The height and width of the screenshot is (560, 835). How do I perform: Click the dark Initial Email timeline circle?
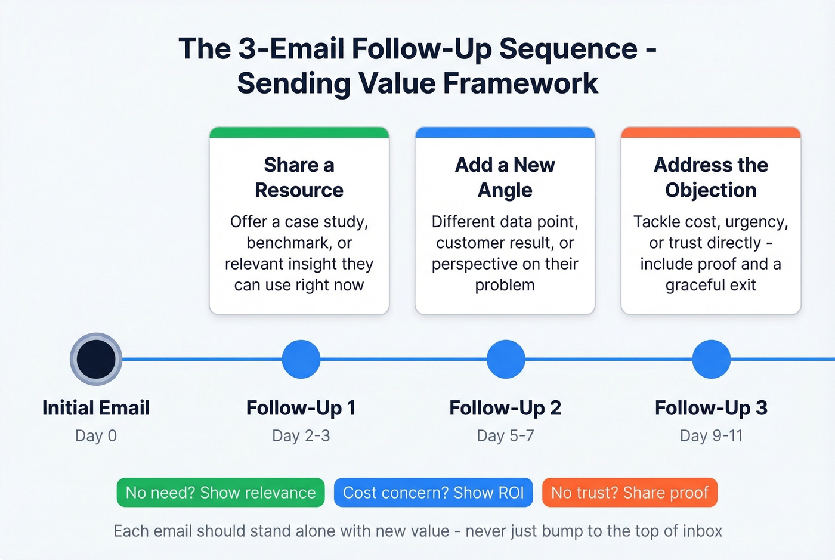click(x=96, y=359)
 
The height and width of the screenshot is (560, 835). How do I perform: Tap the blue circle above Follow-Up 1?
click(x=301, y=359)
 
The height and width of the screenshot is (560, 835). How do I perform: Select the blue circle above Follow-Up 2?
click(x=506, y=359)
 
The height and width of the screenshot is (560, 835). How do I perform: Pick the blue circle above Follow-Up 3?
click(x=711, y=359)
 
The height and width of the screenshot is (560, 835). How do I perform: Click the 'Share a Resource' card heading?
click(x=299, y=177)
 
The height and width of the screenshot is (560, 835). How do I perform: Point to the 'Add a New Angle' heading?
click(x=505, y=177)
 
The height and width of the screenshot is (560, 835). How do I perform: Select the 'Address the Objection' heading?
click(x=710, y=177)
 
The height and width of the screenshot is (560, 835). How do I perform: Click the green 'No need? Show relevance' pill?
click(x=221, y=493)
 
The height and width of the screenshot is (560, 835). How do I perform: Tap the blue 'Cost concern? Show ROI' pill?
click(x=433, y=493)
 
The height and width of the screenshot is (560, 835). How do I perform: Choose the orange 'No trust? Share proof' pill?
click(x=629, y=493)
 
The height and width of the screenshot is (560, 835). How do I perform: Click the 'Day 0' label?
click(x=96, y=436)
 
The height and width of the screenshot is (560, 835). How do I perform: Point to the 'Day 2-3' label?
click(x=301, y=436)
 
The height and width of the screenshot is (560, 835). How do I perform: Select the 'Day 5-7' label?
click(x=505, y=436)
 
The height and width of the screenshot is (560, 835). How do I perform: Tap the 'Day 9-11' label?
click(x=711, y=436)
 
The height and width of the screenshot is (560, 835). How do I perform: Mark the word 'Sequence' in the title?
click(x=568, y=49)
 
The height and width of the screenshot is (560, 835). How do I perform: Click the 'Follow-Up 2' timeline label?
click(x=505, y=408)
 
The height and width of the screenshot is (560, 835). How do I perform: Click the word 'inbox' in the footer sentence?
click(x=702, y=531)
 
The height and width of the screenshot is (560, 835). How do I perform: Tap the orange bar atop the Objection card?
click(x=710, y=132)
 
